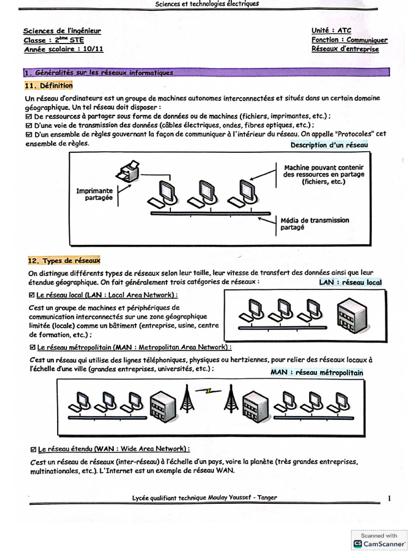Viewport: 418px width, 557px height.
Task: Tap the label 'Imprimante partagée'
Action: pos(95,195)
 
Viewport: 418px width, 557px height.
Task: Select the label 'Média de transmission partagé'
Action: pos(315,224)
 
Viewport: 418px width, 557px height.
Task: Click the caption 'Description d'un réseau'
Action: pos(329,145)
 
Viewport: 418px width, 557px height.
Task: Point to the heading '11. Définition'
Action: pos(48,85)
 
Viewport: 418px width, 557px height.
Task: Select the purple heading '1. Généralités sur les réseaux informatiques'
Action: pos(99,72)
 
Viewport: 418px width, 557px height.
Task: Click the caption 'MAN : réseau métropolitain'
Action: pos(316,373)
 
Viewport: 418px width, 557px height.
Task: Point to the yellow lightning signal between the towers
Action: pos(208,390)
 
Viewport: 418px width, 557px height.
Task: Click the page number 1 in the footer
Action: pos(389,498)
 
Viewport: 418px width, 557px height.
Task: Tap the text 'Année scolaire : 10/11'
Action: pos(64,49)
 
